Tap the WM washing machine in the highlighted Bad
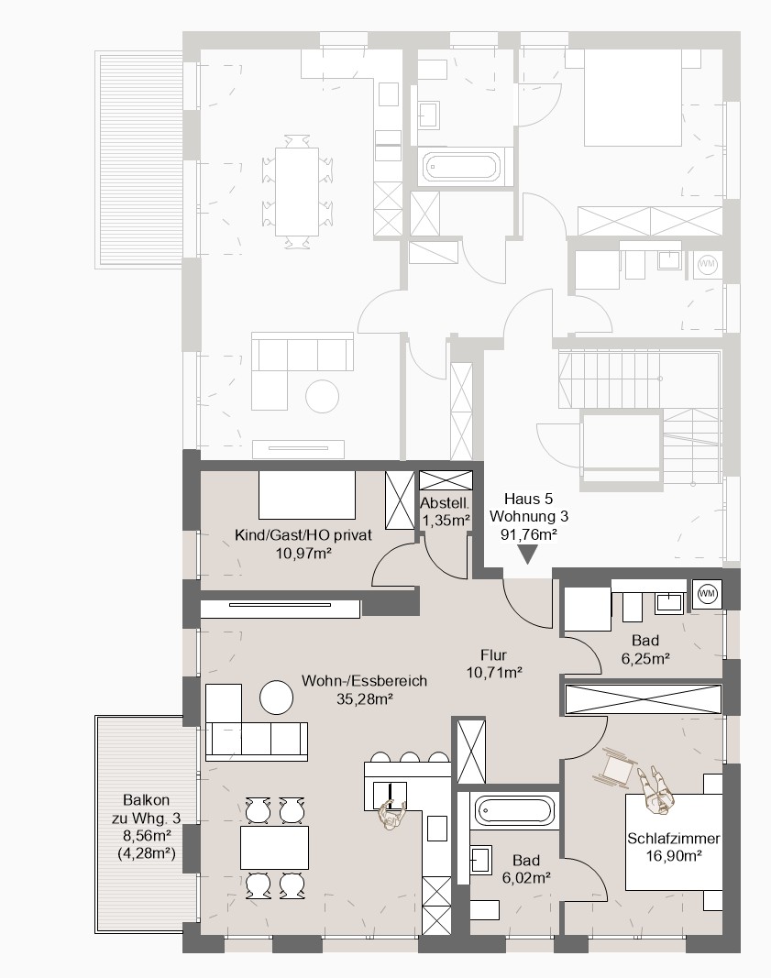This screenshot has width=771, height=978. (708, 593)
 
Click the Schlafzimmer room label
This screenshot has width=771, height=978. (674, 839)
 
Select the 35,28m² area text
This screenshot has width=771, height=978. (364, 699)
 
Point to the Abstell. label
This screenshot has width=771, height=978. (444, 502)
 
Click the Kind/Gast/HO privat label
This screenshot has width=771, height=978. (303, 534)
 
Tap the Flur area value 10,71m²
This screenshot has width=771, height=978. (494, 672)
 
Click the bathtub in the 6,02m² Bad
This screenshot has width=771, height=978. (514, 811)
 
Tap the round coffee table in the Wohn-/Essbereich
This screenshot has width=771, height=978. (276, 697)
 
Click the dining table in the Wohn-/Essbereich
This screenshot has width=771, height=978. (274, 847)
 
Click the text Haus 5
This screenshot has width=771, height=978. (528, 499)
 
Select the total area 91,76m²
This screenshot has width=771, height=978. (528, 533)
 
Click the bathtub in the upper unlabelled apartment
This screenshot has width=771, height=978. (462, 167)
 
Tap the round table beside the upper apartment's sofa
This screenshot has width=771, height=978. (322, 395)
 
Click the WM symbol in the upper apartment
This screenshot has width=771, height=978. (707, 265)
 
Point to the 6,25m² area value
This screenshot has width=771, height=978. (645, 657)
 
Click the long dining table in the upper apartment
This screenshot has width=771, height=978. (297, 192)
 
